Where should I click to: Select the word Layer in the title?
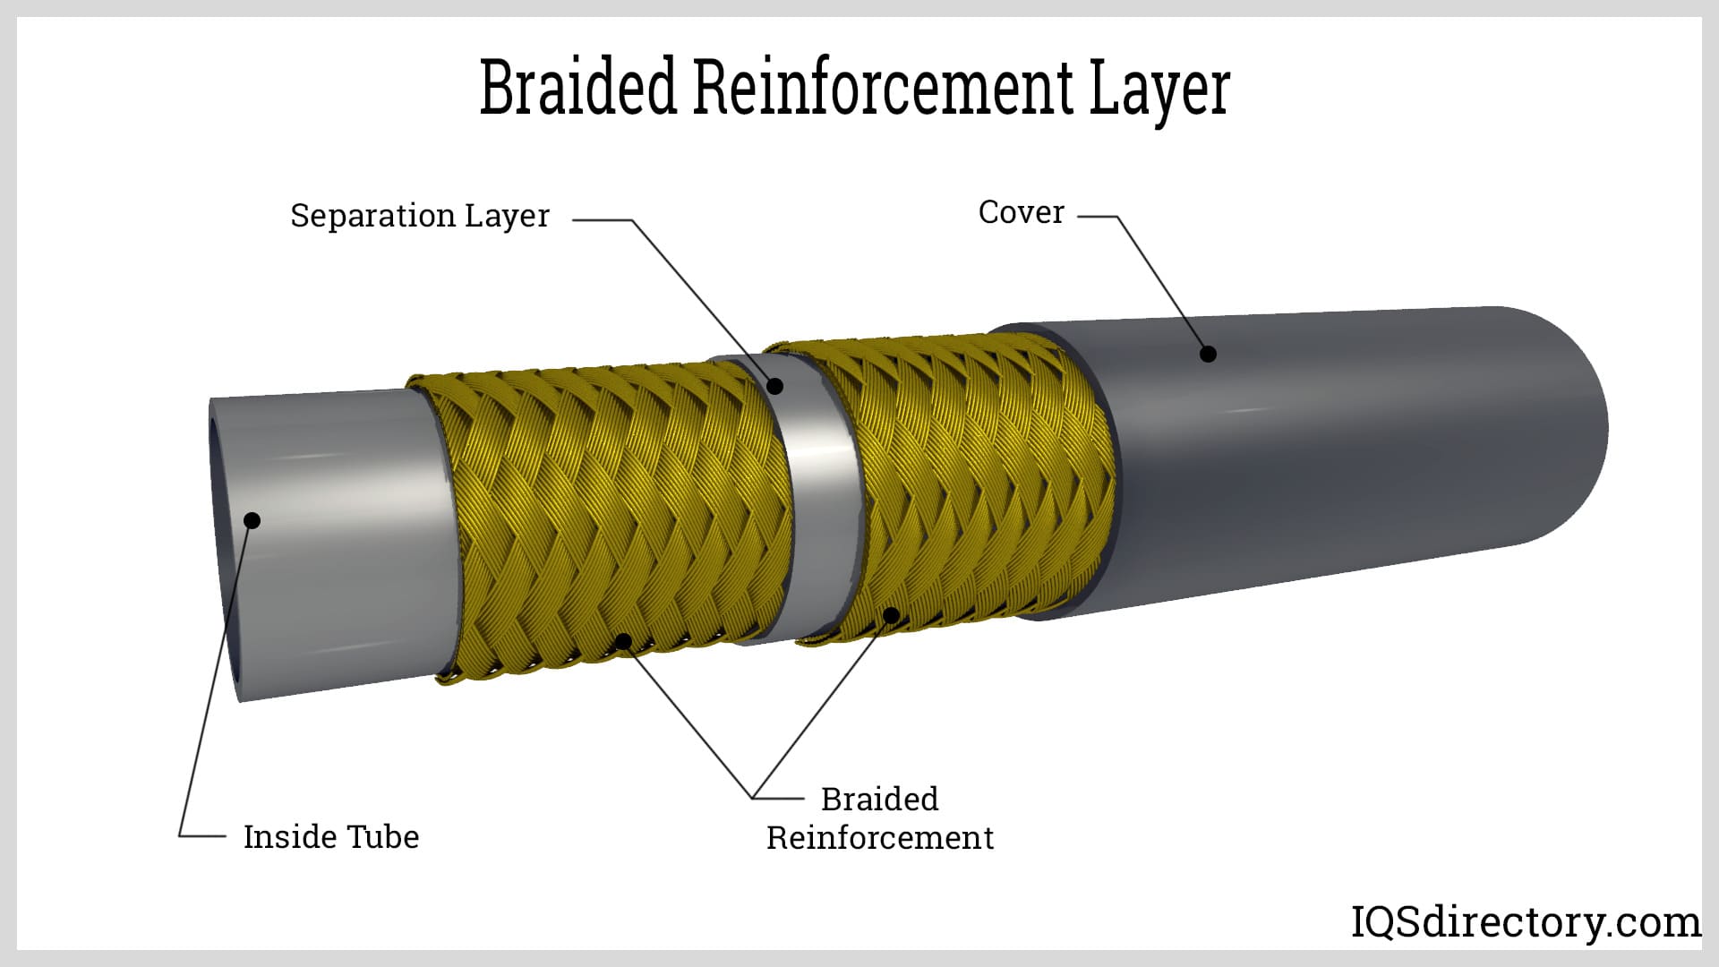click(1159, 90)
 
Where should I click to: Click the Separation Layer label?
click(419, 216)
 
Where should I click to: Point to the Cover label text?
click(1021, 212)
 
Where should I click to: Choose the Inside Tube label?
click(330, 836)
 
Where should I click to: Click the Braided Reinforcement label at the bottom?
click(879, 817)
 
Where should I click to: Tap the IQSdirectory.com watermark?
click(1525, 921)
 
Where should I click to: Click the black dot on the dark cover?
click(1208, 354)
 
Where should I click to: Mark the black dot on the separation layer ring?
click(775, 386)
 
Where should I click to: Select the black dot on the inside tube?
click(252, 520)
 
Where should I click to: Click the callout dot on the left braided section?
click(623, 641)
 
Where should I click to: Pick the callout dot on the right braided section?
click(891, 615)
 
